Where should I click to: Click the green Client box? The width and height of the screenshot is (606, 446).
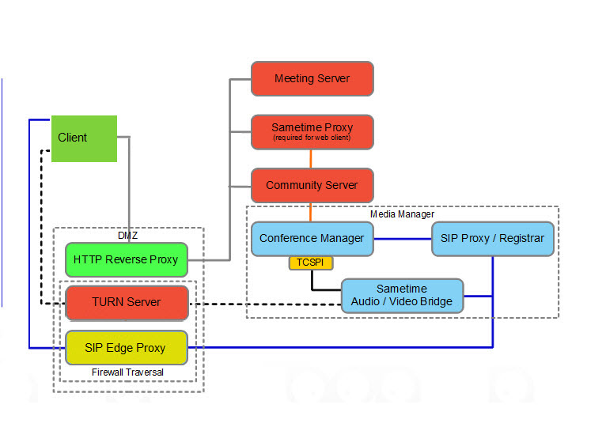(84, 138)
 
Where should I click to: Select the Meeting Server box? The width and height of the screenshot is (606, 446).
(312, 78)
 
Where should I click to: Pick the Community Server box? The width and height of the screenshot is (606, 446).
(312, 185)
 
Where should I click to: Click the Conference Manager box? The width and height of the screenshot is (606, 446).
(312, 238)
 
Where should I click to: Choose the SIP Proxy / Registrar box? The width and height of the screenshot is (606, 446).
(492, 238)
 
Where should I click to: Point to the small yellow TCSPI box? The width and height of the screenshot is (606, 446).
(311, 263)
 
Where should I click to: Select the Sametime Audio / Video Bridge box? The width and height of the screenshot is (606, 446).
(402, 295)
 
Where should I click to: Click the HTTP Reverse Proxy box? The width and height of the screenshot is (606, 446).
(126, 259)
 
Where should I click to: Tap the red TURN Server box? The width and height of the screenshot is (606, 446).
(126, 302)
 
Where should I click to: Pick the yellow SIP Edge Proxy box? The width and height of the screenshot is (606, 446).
(125, 347)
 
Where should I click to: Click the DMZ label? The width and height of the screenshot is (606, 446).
(128, 235)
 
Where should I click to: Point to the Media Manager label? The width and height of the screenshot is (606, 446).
(402, 214)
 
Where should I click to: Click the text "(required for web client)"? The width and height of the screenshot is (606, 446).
(312, 138)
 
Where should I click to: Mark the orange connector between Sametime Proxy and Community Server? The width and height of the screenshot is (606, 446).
(311, 158)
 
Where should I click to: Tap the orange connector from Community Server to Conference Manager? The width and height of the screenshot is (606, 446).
(311, 212)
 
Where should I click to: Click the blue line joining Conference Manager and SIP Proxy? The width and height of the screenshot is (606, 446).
(402, 238)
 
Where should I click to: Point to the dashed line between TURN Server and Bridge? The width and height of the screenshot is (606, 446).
(265, 304)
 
